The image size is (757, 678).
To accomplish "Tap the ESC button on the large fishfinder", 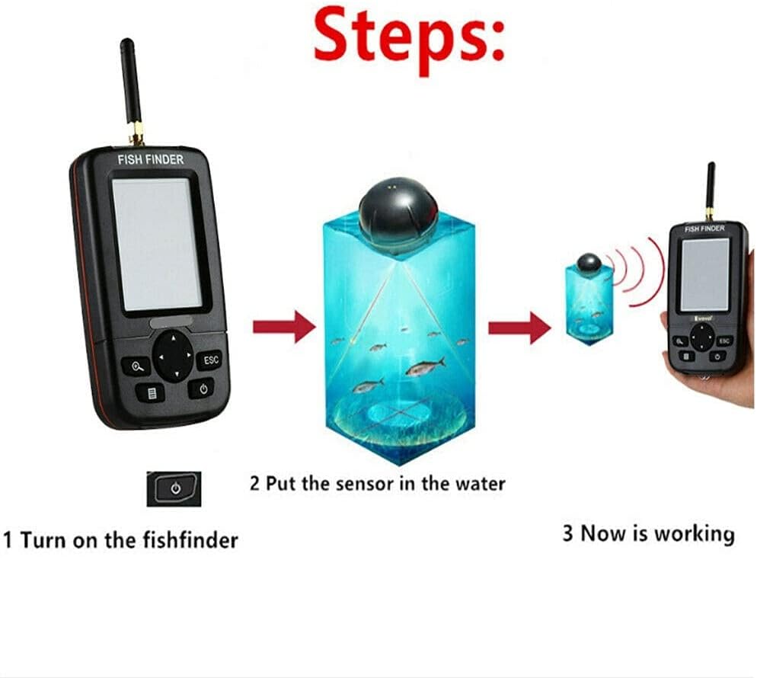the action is (x=210, y=360).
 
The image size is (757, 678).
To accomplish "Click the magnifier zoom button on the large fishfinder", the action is (x=136, y=367).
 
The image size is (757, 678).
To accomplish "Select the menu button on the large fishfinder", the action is (x=152, y=393).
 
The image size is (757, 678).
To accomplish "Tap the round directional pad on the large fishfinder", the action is (x=174, y=357).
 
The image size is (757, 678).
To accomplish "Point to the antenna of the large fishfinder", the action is (x=131, y=91).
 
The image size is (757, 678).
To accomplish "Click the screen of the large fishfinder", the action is (x=158, y=245).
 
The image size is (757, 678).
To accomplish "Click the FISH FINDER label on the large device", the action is (x=151, y=159).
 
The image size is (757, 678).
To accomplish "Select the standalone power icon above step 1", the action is (x=174, y=489).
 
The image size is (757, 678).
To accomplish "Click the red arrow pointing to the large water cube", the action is (x=284, y=327).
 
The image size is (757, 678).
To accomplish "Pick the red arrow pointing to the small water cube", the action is (x=519, y=328).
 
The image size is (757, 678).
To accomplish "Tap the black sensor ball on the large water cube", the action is (x=398, y=216).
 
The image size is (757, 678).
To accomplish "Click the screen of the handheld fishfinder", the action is (x=704, y=275).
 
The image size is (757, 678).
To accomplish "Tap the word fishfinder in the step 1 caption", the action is (x=190, y=539).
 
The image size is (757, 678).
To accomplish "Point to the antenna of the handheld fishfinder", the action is (x=711, y=192).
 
